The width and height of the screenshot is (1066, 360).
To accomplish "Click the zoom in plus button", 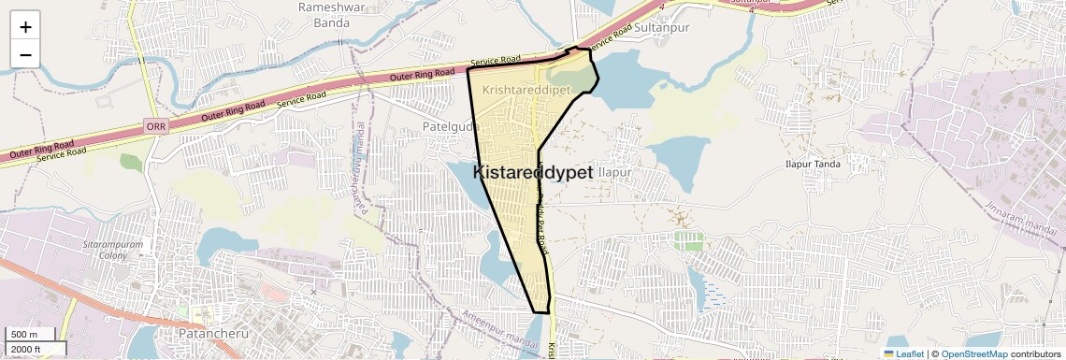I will coord(25,26).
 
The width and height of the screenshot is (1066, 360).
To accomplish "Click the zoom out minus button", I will coord(25,54).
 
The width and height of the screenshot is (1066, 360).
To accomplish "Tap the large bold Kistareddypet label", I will coord(533,173).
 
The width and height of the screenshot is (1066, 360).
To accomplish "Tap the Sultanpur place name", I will coord(661,29).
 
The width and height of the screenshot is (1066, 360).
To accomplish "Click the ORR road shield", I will coord(155,124).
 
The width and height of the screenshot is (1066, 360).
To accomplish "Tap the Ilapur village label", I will coord(615,173).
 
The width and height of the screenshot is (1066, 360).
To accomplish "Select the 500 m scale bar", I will coord(25,335).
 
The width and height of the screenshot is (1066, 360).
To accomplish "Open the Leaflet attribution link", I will coord(904,353).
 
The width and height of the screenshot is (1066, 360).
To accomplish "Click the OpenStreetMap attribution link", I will coord(974,353).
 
